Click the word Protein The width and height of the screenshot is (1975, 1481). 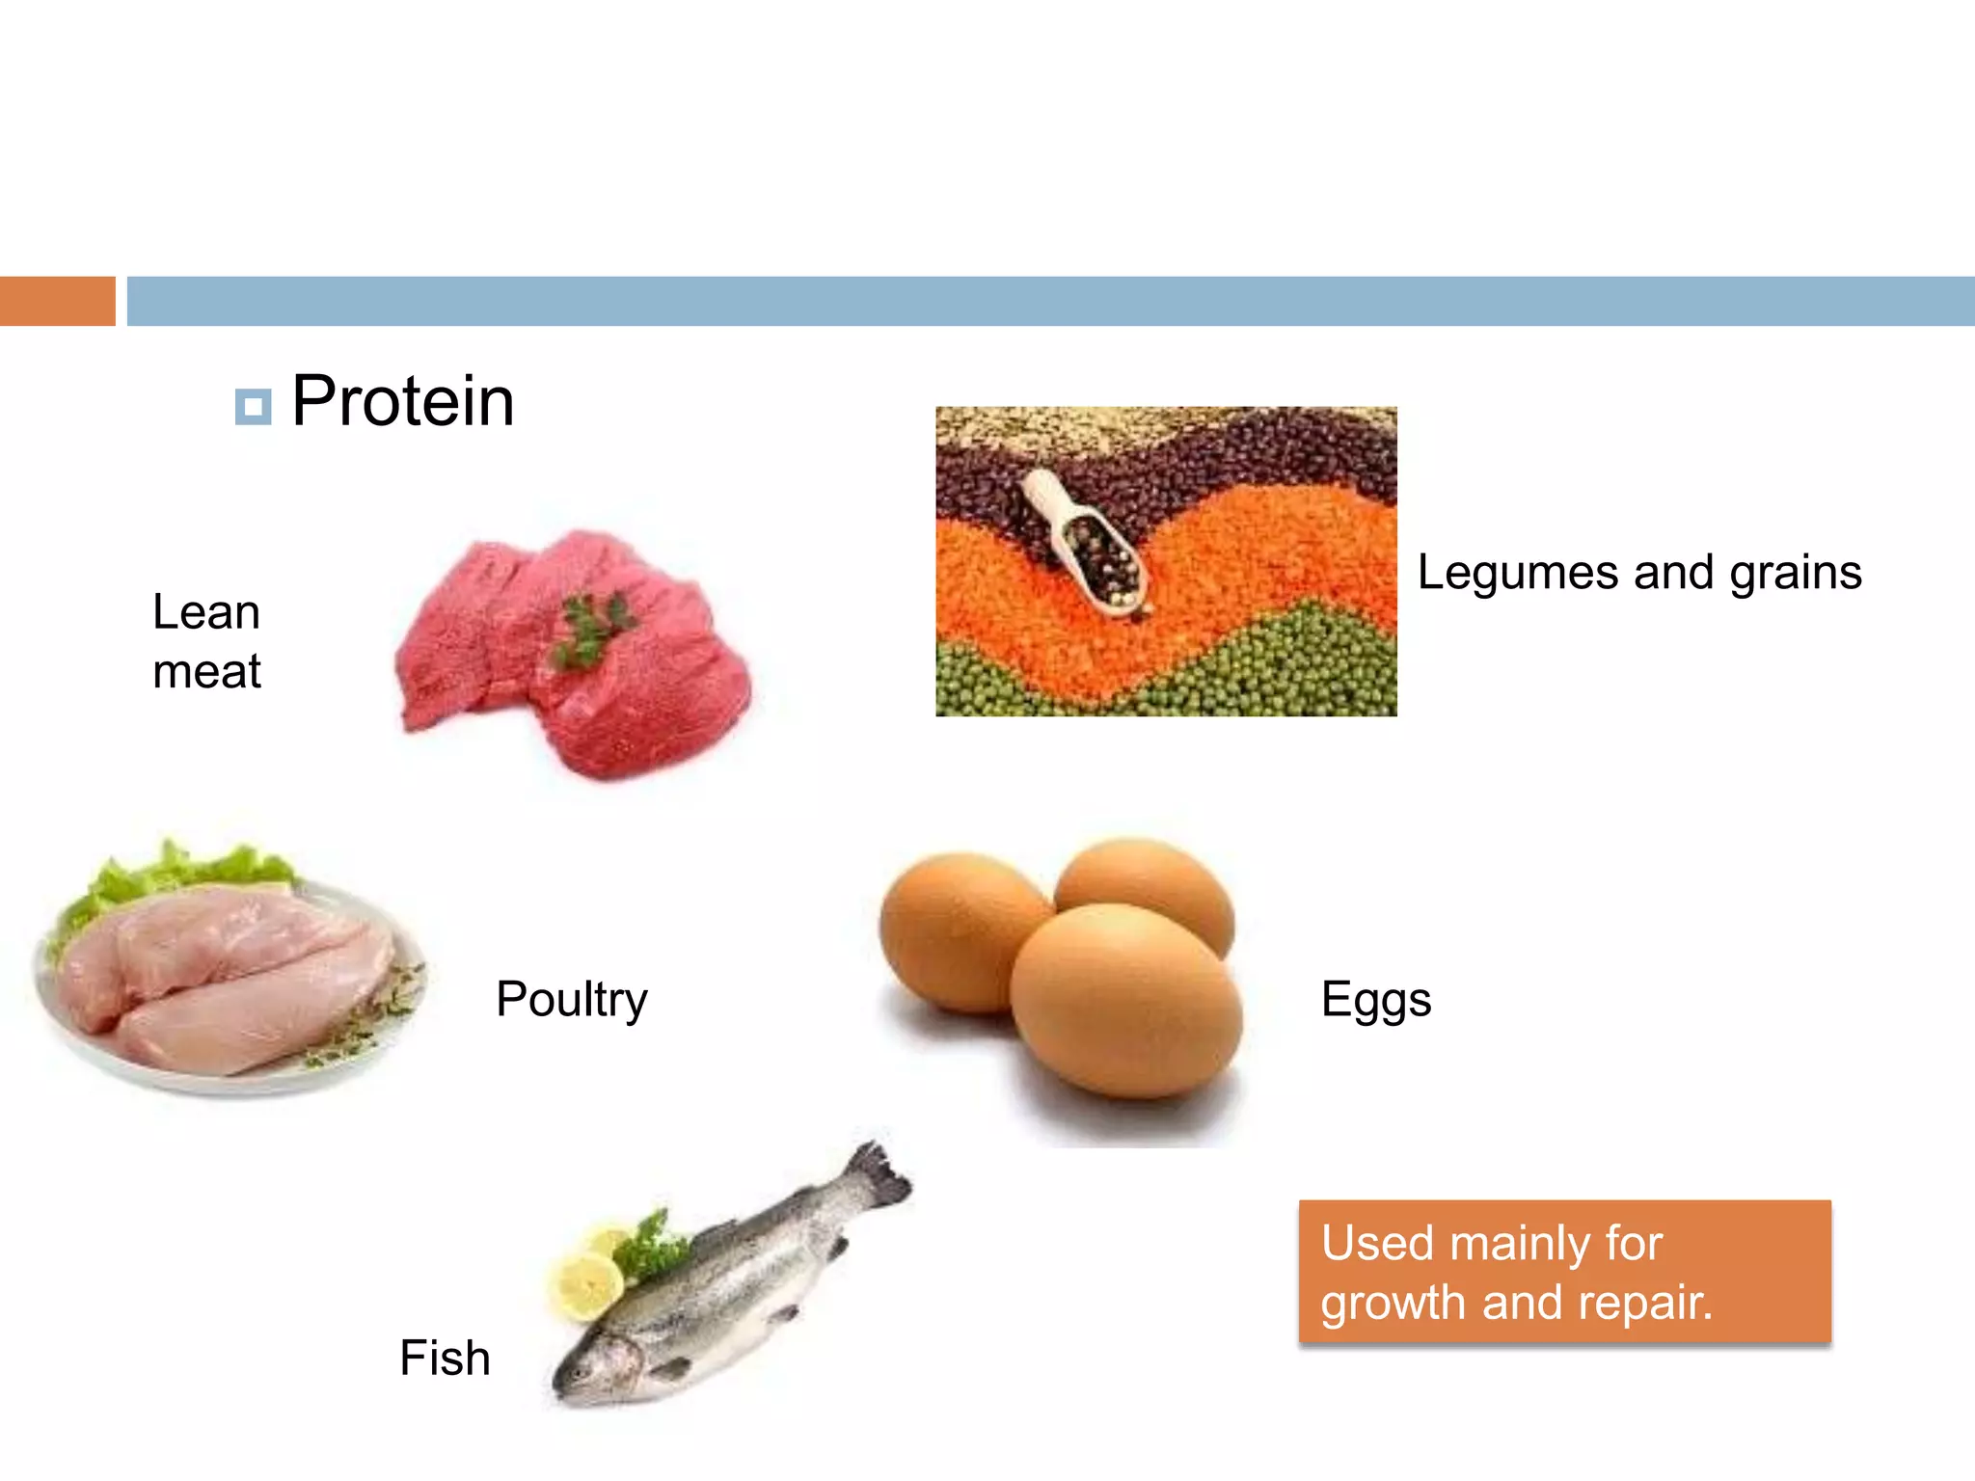point(402,401)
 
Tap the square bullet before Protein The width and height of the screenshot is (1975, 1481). point(253,407)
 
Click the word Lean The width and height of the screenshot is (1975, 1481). point(206,612)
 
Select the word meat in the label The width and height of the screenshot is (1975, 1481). point(206,671)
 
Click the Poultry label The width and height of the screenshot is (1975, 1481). point(571,999)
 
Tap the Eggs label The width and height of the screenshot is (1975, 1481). point(1375,999)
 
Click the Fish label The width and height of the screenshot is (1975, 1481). point(445,1358)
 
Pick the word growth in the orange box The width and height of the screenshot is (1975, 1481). point(1393,1303)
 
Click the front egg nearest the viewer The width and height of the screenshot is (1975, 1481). point(1125,1003)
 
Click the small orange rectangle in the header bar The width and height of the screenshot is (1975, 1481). point(57,301)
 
